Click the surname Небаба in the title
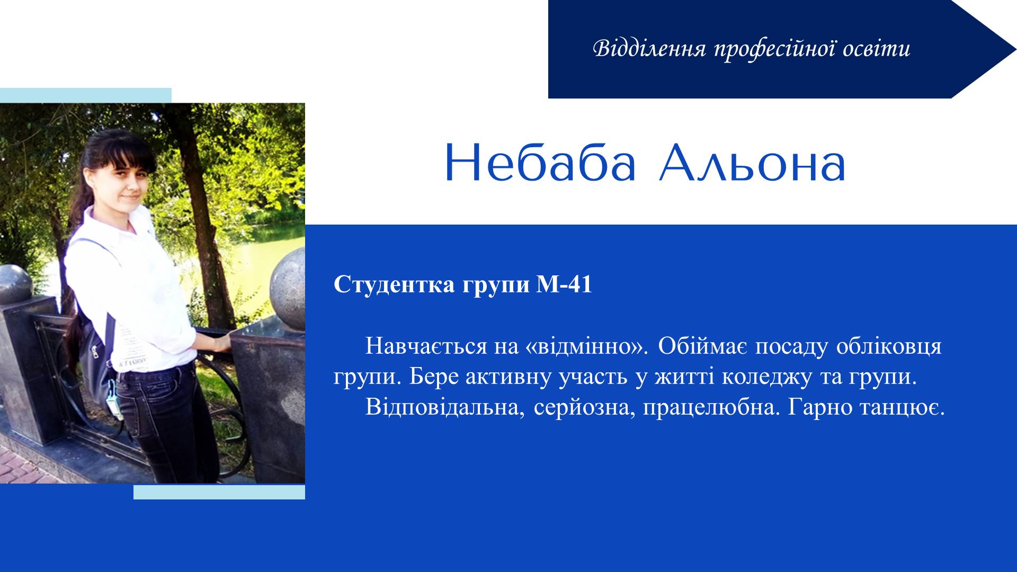(540, 163)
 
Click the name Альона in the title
(752, 163)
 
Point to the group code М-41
(564, 285)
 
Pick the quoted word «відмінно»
(584, 346)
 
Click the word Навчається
(426, 347)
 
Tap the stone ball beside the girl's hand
(288, 289)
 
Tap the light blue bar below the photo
(219, 492)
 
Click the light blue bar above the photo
(86, 95)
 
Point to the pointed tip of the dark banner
(1015, 49)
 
